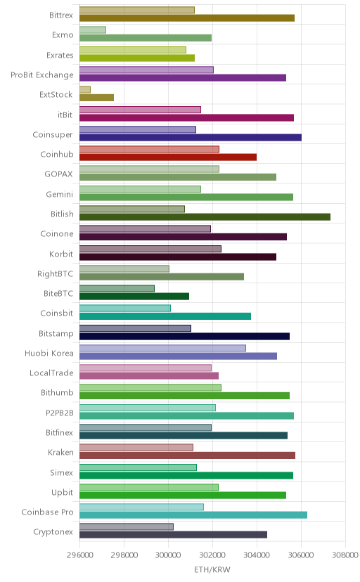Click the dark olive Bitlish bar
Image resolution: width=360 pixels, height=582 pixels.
pos(205,217)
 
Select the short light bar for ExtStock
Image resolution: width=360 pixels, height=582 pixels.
pos(85,90)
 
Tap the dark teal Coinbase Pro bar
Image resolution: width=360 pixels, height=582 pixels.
pos(193,515)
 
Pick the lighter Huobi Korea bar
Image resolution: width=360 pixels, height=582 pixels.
pos(162,348)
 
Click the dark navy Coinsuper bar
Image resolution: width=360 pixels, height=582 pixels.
pos(191,138)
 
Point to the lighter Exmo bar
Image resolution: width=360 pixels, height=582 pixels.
pos(93,30)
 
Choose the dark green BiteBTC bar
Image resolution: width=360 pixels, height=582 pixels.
pos(134,297)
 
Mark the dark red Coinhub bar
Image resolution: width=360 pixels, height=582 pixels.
pos(168,157)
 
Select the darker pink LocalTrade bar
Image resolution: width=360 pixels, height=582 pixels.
pos(149,376)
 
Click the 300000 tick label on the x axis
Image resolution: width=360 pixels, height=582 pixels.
pos(168,555)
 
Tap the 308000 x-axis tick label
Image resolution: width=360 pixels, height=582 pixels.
pos(345,555)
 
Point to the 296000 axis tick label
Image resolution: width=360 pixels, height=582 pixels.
pos(79,555)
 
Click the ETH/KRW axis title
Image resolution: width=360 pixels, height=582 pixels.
pos(212,570)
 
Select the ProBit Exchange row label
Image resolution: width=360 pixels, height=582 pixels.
pos(42,75)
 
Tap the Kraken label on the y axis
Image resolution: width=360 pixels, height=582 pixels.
pos(61,453)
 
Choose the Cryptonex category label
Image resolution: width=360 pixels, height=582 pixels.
pos(53,532)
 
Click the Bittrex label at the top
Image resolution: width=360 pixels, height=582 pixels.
pos(61,15)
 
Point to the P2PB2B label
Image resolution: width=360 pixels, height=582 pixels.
pos(60,413)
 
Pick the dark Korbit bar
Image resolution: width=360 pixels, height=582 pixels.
pos(178,257)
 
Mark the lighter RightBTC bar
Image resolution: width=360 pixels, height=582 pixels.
pos(124,269)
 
